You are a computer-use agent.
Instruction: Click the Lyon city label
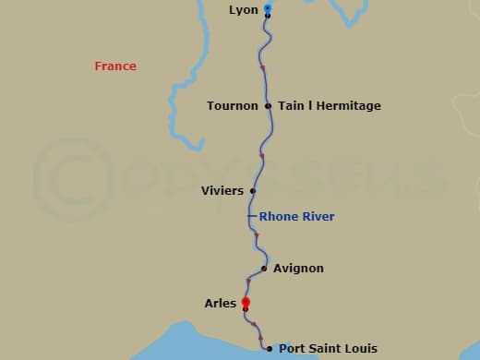244,10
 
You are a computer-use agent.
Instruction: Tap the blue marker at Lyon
268,8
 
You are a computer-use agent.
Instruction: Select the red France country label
115,66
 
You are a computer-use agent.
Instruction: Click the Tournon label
233,106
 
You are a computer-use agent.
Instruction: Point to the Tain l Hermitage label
330,106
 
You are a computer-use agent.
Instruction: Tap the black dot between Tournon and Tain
268,106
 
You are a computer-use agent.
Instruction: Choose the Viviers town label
222,191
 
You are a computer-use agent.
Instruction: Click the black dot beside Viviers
252,192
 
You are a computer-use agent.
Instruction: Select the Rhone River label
296,217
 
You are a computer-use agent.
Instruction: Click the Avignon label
298,269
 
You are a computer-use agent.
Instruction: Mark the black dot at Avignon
264,269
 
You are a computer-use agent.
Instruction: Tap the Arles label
221,303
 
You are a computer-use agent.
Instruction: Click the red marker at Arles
246,302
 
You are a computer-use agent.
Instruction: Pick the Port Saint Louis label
328,349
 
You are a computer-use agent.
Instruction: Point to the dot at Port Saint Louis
269,349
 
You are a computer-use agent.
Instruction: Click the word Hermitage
350,106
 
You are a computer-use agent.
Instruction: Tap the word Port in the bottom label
292,349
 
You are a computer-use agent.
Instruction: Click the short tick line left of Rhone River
251,217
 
